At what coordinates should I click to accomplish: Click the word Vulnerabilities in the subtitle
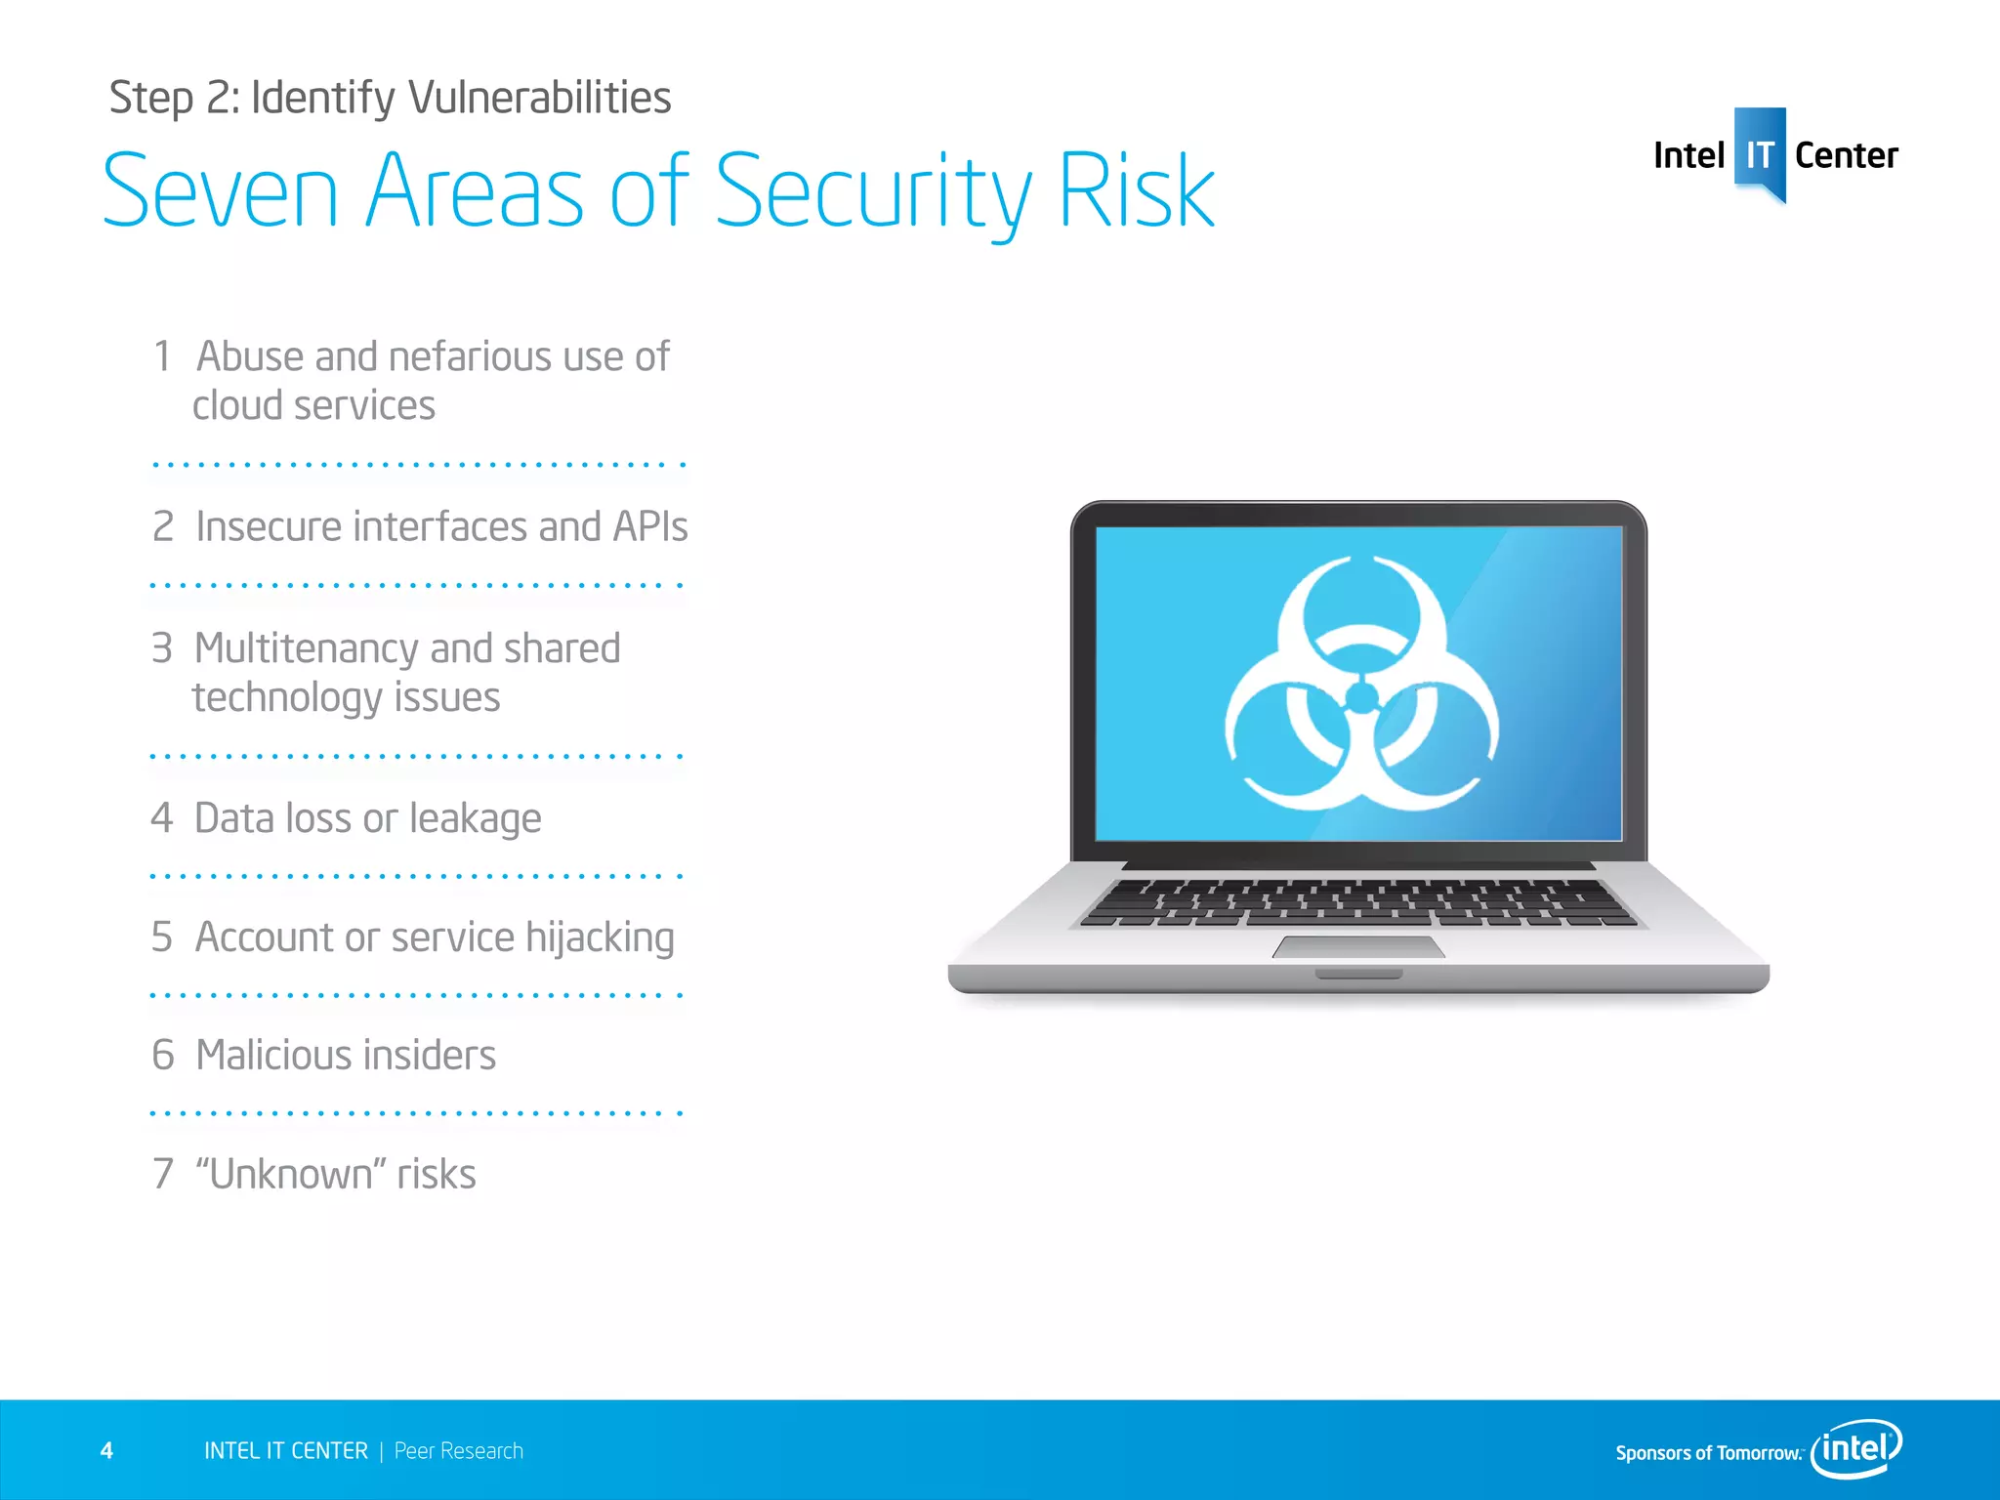pyautogui.click(x=539, y=98)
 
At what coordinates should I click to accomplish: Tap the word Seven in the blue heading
pyautogui.click(x=221, y=191)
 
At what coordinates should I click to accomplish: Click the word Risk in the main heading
pyautogui.click(x=1137, y=191)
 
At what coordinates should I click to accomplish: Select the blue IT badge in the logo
pyautogui.click(x=1760, y=154)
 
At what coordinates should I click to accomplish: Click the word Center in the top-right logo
pyautogui.click(x=1846, y=156)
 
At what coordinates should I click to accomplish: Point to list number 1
pyautogui.click(x=163, y=357)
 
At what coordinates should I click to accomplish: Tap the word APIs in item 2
pyautogui.click(x=650, y=527)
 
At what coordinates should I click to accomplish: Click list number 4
pyautogui.click(x=162, y=818)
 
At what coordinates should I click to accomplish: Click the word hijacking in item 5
pyautogui.click(x=600, y=938)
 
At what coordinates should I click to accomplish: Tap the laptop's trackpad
pyautogui.click(x=1358, y=947)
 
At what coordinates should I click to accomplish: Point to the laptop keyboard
pyautogui.click(x=1358, y=902)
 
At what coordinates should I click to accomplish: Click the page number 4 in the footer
pyautogui.click(x=107, y=1451)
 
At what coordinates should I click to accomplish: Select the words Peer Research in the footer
pyautogui.click(x=459, y=1451)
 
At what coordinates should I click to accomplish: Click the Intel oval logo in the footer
pyautogui.click(x=1856, y=1448)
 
